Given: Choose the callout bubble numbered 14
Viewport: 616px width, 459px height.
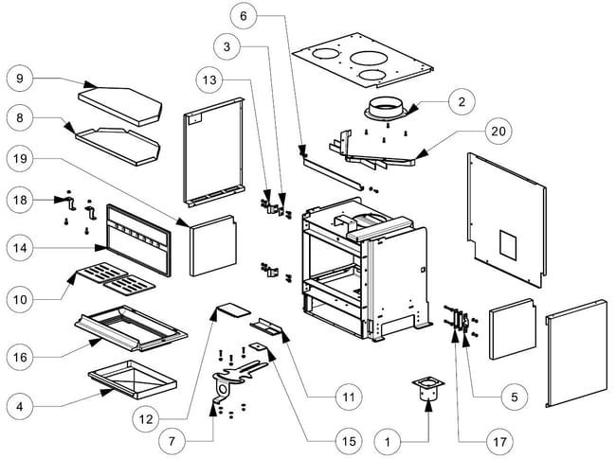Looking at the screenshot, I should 23,248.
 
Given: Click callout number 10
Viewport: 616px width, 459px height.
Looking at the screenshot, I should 23,299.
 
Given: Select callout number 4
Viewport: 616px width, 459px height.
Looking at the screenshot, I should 23,407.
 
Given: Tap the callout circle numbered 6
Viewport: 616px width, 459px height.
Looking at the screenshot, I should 244,16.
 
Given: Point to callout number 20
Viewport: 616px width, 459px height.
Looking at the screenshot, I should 495,131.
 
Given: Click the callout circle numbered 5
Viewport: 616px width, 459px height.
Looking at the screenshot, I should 513,398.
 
